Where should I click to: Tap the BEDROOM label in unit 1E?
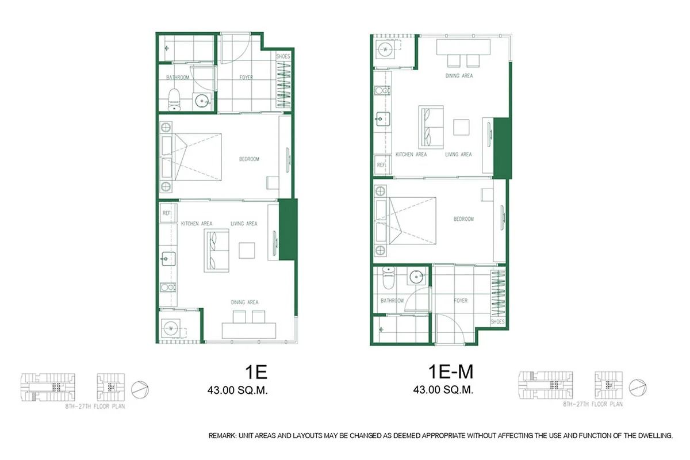(250, 159)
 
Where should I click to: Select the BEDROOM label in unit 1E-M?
(463, 219)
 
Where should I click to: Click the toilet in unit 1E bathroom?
(174, 100)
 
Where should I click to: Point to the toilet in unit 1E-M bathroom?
(388, 278)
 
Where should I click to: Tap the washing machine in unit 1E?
(171, 328)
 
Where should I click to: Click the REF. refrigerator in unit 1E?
(167, 213)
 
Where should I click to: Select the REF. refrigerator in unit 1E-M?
(381, 165)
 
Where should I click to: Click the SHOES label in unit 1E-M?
(498, 322)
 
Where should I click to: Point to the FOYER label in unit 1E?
(246, 78)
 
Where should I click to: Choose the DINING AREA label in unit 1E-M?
(459, 76)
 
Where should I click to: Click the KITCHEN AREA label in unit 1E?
(197, 224)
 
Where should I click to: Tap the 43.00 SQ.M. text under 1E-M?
(443, 390)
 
